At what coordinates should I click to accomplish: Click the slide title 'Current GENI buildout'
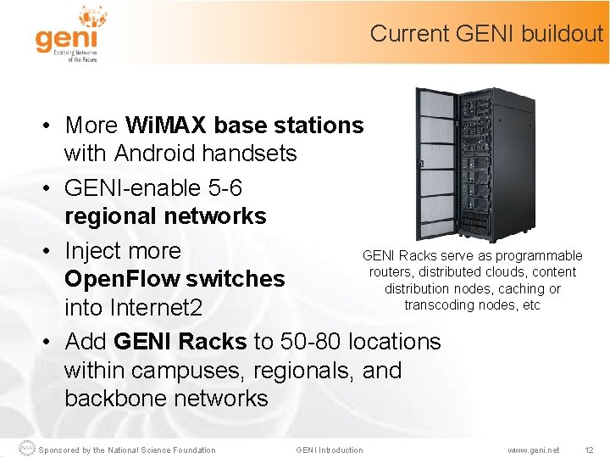click(486, 34)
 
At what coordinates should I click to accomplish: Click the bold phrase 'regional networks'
click(165, 216)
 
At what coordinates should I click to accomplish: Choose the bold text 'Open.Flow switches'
click(175, 279)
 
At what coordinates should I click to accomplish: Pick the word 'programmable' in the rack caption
click(539, 255)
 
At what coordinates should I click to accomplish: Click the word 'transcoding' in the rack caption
click(441, 305)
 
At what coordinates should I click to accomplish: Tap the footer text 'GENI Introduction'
click(329, 450)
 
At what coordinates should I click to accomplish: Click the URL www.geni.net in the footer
click(533, 450)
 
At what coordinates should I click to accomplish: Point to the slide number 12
click(590, 450)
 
